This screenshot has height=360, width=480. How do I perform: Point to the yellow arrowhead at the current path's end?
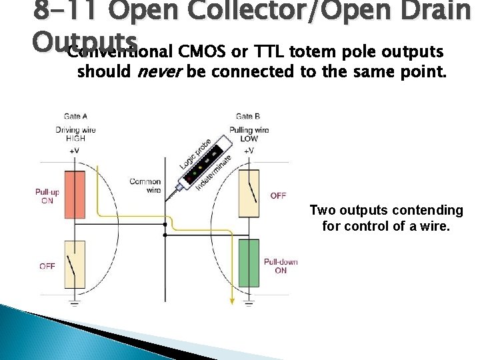tap(231, 303)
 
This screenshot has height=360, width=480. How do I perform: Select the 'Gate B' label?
tap(248, 117)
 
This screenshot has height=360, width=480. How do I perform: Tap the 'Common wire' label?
tap(145, 185)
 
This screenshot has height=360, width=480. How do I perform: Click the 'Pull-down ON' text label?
tap(281, 266)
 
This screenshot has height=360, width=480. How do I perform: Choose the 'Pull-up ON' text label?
tap(47, 196)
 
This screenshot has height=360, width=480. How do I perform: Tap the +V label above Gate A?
tap(74, 151)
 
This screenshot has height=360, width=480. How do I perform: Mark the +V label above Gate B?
tap(249, 151)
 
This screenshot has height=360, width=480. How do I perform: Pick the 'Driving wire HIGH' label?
tap(75, 133)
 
